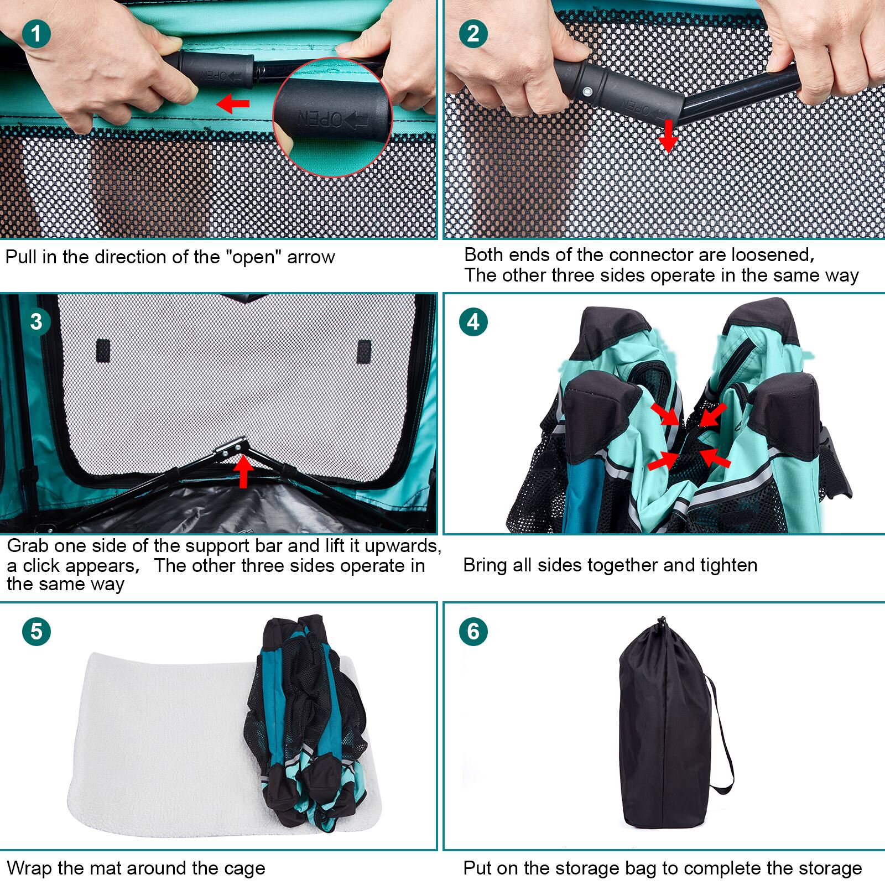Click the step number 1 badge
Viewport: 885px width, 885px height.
[x=37, y=34]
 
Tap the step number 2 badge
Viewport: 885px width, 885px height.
[x=473, y=34]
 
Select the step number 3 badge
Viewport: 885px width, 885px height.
[x=37, y=321]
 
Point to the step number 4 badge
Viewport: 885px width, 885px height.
[x=473, y=321]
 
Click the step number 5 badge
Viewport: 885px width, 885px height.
[x=37, y=631]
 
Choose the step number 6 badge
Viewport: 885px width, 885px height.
[x=473, y=631]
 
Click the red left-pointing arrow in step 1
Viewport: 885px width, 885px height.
[x=232, y=103]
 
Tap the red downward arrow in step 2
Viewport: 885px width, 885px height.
[x=668, y=136]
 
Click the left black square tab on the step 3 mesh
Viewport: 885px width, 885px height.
[x=103, y=351]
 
